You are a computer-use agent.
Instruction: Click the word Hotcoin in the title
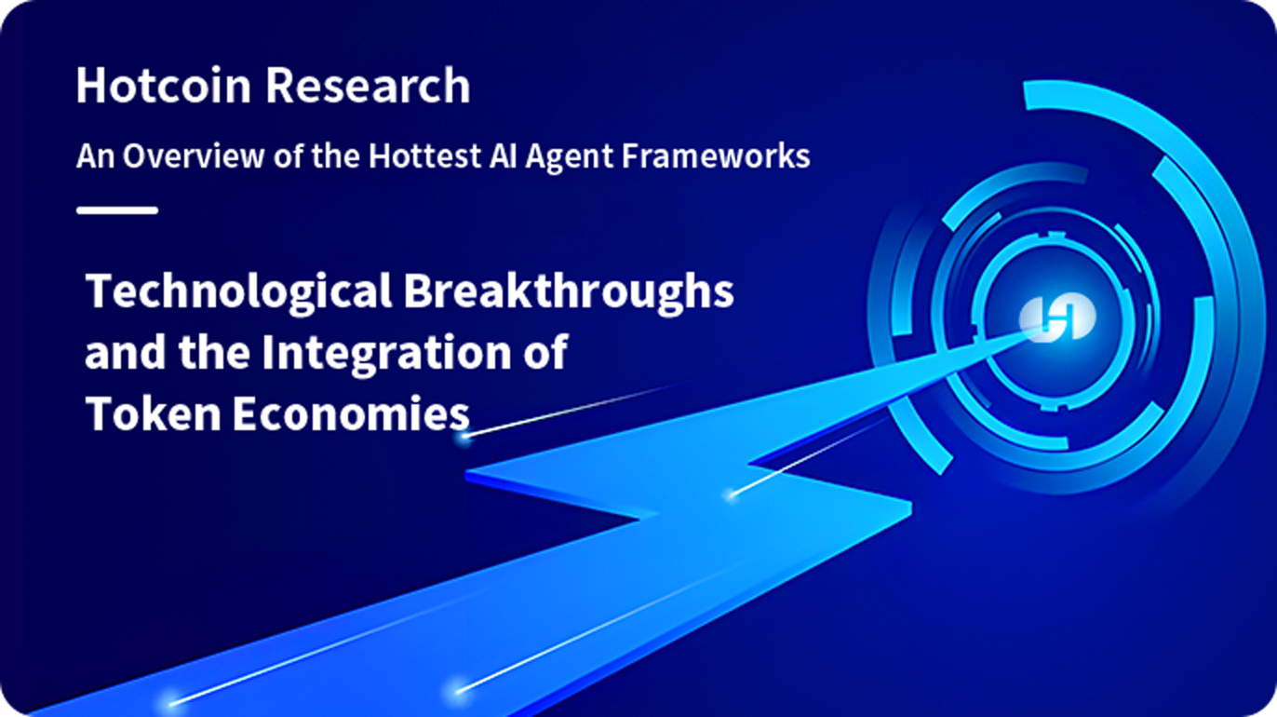click(163, 85)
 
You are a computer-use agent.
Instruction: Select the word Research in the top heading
click(368, 85)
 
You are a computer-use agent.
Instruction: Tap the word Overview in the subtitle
click(194, 156)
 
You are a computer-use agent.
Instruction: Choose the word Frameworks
click(716, 156)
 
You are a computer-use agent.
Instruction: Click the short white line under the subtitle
click(117, 210)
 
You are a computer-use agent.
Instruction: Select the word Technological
click(238, 291)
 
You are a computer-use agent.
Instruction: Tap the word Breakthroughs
click(569, 291)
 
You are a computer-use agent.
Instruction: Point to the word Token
click(153, 413)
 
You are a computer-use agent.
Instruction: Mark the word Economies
click(351, 413)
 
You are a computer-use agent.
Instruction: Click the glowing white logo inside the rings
click(1057, 318)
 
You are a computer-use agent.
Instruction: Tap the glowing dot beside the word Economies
click(465, 438)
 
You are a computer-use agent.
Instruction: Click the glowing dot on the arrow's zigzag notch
click(732, 494)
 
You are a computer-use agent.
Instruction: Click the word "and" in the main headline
click(126, 353)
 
